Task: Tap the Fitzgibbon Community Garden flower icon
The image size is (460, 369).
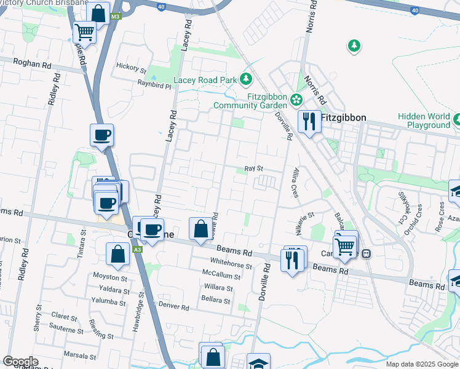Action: pyautogui.click(x=296, y=99)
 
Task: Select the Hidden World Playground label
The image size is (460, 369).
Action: pyautogui.click(x=424, y=121)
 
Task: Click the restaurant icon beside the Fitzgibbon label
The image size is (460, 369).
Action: pyautogui.click(x=309, y=121)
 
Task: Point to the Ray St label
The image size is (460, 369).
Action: pyautogui.click(x=254, y=168)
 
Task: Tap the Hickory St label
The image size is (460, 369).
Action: pyautogui.click(x=132, y=70)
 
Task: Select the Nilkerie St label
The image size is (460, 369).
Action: pyautogui.click(x=303, y=216)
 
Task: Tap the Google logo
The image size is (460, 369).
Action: pyautogui.click(x=20, y=362)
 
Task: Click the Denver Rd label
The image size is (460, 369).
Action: pyautogui.click(x=173, y=306)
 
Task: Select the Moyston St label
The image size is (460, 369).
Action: pyautogui.click(x=109, y=277)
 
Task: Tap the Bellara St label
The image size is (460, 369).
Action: pyautogui.click(x=215, y=301)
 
